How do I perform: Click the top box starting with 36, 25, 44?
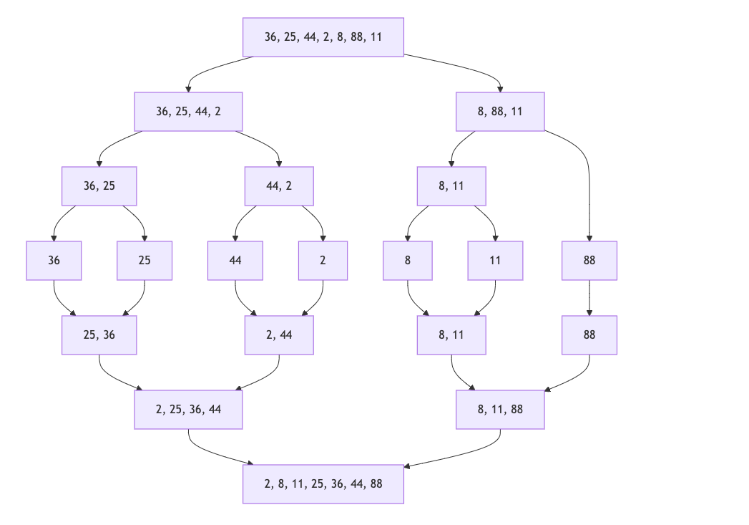(323, 37)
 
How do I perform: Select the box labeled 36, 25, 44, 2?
(188, 112)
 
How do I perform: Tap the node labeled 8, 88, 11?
(500, 112)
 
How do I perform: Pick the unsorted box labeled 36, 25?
(99, 186)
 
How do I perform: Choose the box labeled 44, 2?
(279, 186)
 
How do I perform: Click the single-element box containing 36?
(54, 261)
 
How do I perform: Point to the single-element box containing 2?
(323, 261)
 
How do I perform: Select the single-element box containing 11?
(495, 261)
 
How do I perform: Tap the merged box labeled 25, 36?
(99, 335)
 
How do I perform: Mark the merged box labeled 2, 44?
(279, 335)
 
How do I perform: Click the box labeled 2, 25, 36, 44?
(188, 410)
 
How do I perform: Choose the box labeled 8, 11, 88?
(500, 410)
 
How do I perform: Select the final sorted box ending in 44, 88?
(323, 484)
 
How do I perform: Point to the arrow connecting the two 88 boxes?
(589, 298)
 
